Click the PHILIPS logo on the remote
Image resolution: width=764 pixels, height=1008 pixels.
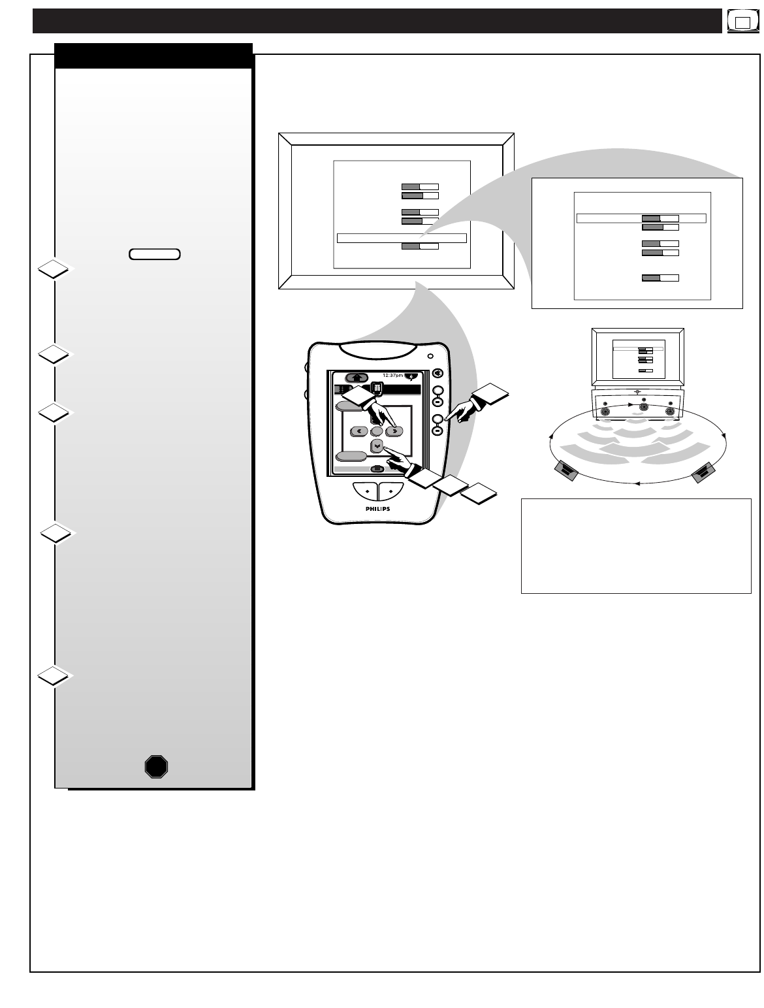click(x=378, y=508)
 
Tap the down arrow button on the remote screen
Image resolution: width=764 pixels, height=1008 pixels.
click(x=377, y=446)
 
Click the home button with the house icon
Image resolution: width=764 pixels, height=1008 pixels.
click(x=357, y=377)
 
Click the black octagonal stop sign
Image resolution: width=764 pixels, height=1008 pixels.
click(x=156, y=766)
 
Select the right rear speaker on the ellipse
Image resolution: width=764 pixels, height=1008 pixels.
click(x=703, y=472)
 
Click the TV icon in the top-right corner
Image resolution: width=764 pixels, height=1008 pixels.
click(x=742, y=22)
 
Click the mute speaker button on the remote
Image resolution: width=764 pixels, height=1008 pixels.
click(x=438, y=374)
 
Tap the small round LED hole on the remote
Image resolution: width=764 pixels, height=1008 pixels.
click(x=430, y=357)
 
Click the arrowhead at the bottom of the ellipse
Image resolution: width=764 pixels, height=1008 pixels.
click(x=638, y=483)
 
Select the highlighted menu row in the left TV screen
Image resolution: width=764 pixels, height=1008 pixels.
click(x=401, y=238)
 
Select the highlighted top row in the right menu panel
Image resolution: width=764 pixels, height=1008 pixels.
click(x=641, y=218)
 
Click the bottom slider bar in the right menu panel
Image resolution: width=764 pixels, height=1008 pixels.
click(x=660, y=278)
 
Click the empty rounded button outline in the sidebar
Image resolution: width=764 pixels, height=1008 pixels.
click(x=155, y=254)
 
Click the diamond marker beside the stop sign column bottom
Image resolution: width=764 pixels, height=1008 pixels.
click(x=53, y=675)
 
